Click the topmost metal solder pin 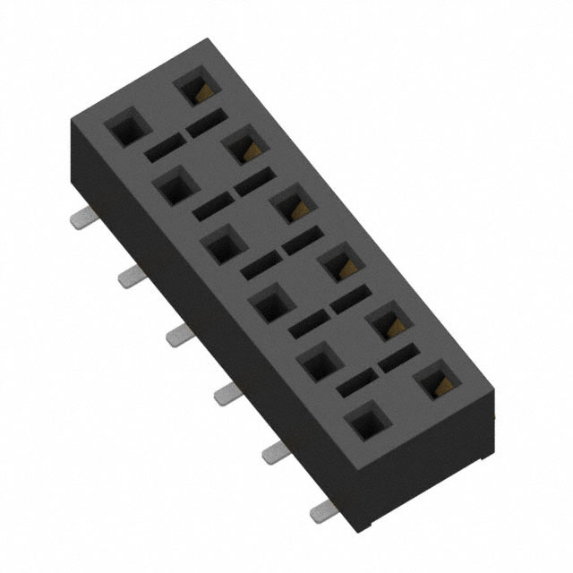pyautogui.click(x=82, y=218)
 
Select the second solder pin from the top pyautogui.click(x=130, y=277)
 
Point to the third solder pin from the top pyautogui.click(x=177, y=335)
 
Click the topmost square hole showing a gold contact pyautogui.click(x=195, y=88)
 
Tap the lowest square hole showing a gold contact pyautogui.click(x=437, y=382)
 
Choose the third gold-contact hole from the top pyautogui.click(x=292, y=207)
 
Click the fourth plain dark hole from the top pyautogui.click(x=268, y=305)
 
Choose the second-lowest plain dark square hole pyautogui.click(x=316, y=363)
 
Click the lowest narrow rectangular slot pyautogui.click(x=353, y=387)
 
